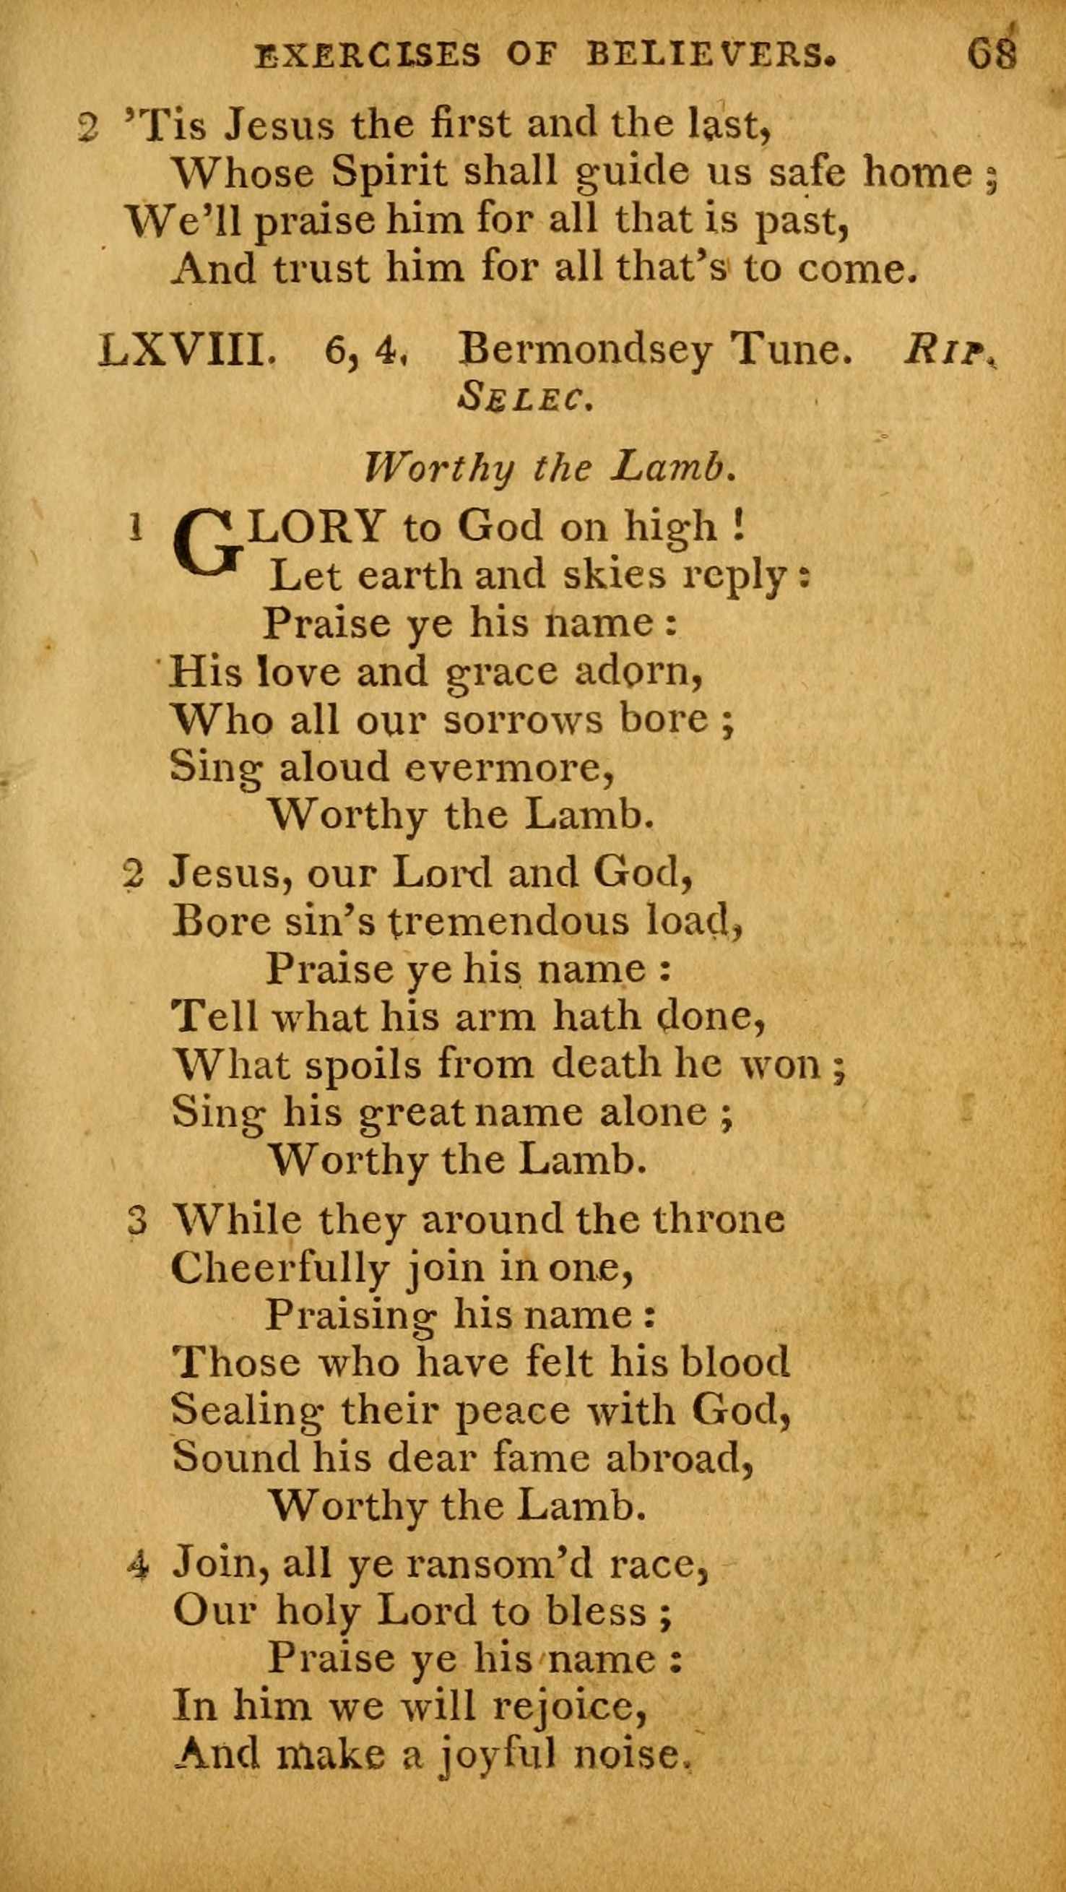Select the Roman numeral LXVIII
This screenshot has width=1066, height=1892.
tap(188, 352)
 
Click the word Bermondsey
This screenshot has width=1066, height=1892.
tap(584, 352)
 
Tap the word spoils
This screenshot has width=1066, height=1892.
tap(363, 1064)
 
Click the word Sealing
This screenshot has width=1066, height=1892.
tap(246, 1411)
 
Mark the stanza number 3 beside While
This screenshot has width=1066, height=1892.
tap(137, 1222)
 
